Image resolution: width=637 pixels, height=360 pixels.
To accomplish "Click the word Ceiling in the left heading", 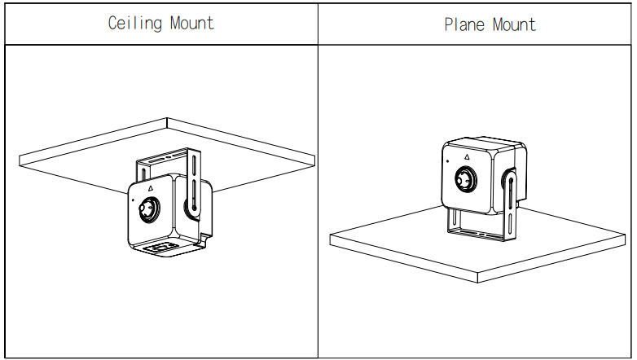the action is pos(134,23).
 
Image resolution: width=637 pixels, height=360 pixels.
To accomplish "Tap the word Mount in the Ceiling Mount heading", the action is pos(191,23).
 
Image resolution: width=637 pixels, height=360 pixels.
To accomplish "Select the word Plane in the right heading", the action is pos(464,24).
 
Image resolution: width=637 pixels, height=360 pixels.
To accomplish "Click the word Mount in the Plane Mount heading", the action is pos(514,24).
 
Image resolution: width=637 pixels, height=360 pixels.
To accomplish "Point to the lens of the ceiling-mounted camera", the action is pos(149,209).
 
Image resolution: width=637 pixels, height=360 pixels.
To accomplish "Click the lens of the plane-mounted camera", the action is pos(466,179).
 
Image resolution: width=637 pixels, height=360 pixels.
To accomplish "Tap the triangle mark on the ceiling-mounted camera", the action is pos(151,187).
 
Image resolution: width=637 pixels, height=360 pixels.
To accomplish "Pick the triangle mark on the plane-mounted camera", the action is pos(468,157).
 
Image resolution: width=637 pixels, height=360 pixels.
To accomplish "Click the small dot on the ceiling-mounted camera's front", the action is pos(134,200).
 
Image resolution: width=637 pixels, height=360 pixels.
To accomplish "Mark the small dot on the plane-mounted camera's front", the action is pos(448,161).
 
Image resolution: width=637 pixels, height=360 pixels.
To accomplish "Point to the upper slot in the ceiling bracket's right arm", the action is pos(194,165).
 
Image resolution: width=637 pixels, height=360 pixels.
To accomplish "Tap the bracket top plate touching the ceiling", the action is pos(165,156).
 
